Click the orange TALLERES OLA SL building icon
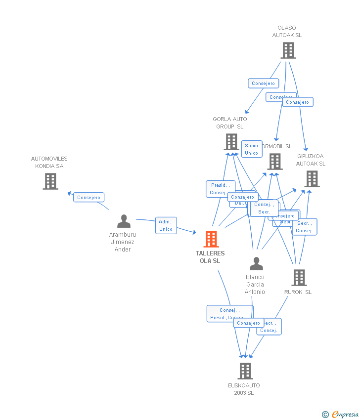pyautogui.click(x=211, y=239)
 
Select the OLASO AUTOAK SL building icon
pyautogui.click(x=288, y=50)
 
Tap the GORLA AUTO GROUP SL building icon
pyautogui.click(x=231, y=142)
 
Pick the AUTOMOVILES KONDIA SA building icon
pyautogui.click(x=50, y=181)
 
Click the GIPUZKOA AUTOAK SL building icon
pyautogui.click(x=312, y=179)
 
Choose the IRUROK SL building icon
pyautogui.click(x=299, y=278)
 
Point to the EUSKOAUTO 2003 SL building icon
pyautogui.click(x=245, y=371)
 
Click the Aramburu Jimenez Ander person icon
pyautogui.click(x=124, y=221)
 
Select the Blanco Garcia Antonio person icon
pyautogui.click(x=256, y=264)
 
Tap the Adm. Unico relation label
pyautogui.click(x=166, y=225)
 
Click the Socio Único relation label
pyautogui.click(x=251, y=149)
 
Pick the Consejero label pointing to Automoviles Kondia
pyautogui.click(x=89, y=197)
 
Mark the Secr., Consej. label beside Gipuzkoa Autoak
pyautogui.click(x=304, y=227)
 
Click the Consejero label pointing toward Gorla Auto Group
pyautogui.click(x=263, y=84)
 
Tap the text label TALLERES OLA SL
pyautogui.click(x=210, y=257)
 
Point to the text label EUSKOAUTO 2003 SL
pyautogui.click(x=244, y=389)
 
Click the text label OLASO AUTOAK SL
pyautogui.click(x=287, y=32)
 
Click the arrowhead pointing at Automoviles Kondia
pyautogui.click(x=70, y=193)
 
